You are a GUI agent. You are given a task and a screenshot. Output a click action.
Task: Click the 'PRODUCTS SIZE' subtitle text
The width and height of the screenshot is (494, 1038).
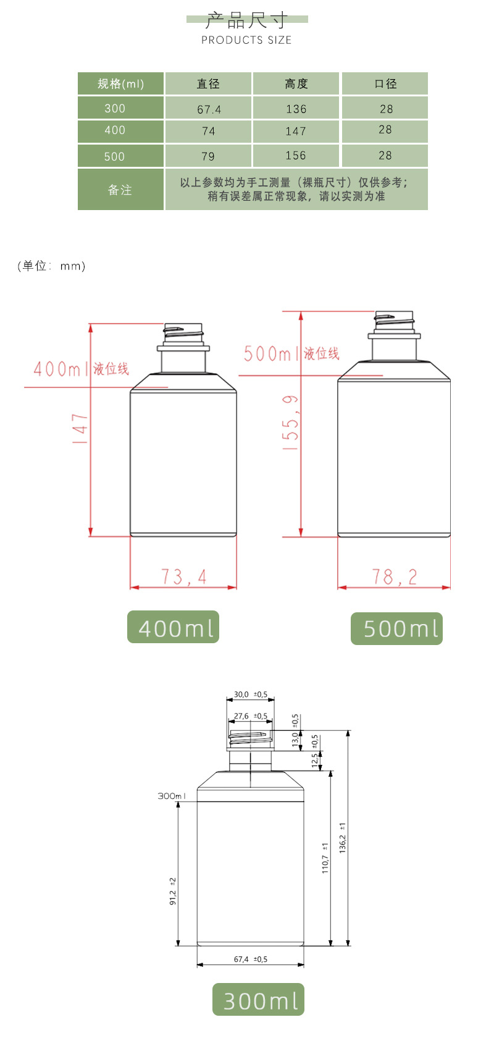246,40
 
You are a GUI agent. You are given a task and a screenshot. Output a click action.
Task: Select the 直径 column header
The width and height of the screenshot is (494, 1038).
208,83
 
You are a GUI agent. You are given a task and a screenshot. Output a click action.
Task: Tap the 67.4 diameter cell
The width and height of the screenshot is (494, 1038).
208,109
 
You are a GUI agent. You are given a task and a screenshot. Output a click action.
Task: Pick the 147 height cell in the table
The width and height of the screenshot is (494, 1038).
296,131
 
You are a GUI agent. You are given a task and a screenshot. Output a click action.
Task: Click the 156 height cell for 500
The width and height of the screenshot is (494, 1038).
296,156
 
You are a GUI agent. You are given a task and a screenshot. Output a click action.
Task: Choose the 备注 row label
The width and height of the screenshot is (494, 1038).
120,190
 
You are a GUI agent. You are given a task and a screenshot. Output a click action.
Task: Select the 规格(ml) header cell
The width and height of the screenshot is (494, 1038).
120,83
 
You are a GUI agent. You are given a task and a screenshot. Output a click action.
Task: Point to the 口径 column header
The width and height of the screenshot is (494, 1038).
385,83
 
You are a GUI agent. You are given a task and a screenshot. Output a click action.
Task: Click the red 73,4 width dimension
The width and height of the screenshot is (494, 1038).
184,577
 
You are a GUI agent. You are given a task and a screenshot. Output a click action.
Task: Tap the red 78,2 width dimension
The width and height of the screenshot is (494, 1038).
395,577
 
